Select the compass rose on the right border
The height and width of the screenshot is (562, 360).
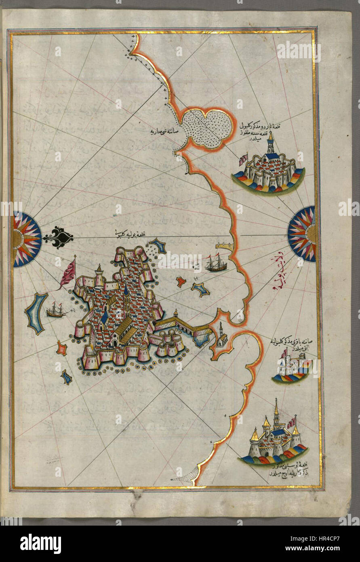tap(302, 234)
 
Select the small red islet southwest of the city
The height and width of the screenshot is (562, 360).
tap(62, 348)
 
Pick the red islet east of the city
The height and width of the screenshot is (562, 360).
tap(181, 281)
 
